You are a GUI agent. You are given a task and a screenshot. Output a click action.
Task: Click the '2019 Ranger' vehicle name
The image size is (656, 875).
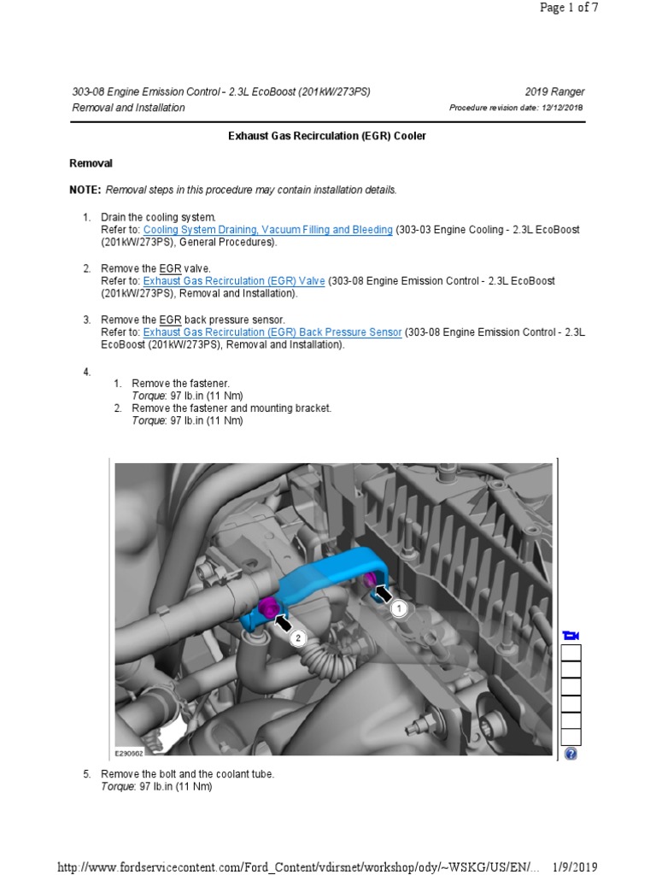(555, 92)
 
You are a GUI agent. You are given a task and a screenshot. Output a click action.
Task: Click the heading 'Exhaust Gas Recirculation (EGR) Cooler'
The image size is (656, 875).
(327, 136)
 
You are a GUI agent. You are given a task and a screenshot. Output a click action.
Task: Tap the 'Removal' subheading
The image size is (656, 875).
(91, 163)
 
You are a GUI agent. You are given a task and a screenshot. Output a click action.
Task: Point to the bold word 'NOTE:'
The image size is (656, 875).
(85, 190)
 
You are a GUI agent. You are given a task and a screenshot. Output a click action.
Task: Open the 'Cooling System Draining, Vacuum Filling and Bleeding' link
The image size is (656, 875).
(268, 230)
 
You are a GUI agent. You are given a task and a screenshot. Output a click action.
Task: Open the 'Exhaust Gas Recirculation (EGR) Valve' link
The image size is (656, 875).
(234, 281)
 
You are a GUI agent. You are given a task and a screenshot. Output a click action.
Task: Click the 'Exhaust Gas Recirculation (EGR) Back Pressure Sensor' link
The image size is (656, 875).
(272, 332)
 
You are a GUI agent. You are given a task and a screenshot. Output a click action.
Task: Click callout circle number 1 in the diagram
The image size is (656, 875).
(399, 608)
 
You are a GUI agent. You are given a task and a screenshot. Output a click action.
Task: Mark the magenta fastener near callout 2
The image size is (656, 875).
(266, 608)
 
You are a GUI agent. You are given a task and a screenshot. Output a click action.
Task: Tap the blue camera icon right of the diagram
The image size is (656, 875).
(571, 635)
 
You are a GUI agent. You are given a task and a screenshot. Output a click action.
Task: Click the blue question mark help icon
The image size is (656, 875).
(571, 754)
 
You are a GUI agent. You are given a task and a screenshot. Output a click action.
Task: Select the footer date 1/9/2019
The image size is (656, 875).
(575, 867)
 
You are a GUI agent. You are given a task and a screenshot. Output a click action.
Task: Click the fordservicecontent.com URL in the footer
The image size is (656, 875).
(299, 867)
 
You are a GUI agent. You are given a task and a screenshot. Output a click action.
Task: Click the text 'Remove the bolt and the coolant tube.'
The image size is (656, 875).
(188, 774)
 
